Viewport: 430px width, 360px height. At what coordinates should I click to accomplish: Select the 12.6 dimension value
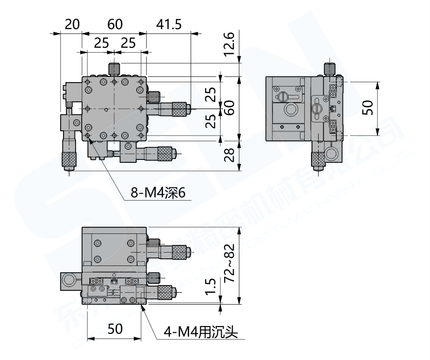tap(230, 44)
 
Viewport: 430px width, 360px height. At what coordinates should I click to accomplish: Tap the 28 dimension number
tap(230, 154)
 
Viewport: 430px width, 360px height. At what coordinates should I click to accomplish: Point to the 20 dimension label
tap(72, 24)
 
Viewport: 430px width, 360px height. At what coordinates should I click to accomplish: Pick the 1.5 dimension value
tap(213, 288)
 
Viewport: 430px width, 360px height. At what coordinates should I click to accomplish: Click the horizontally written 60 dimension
tap(114, 24)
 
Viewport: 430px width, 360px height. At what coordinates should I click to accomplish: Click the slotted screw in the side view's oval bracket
tap(316, 108)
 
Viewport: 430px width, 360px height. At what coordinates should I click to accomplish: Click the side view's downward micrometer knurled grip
tap(317, 159)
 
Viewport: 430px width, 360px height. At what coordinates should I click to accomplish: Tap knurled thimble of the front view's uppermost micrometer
tap(180, 250)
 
